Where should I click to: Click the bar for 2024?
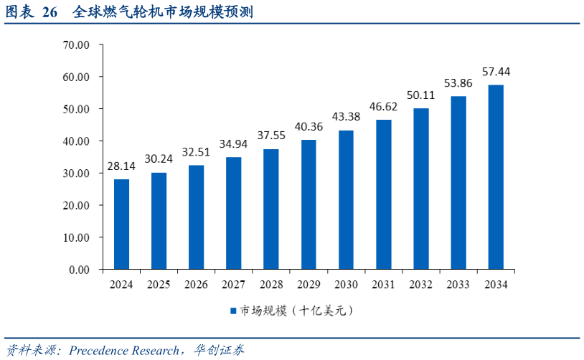[x=121, y=224]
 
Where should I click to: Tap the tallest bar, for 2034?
[x=496, y=177]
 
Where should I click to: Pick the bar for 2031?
[x=384, y=194]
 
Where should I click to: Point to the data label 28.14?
[x=121, y=167]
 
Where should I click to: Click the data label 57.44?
[x=496, y=72]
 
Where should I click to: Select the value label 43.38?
[x=346, y=117]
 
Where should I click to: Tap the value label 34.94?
[x=234, y=144]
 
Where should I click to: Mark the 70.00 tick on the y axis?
[x=75, y=44]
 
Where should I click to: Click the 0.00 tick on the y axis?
[x=77, y=270]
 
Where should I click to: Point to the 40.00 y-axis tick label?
[x=75, y=141]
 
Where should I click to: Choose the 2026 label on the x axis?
[x=196, y=285]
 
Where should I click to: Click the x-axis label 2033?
[x=458, y=285]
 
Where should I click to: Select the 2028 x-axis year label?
[x=271, y=285]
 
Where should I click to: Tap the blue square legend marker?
[x=233, y=311]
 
